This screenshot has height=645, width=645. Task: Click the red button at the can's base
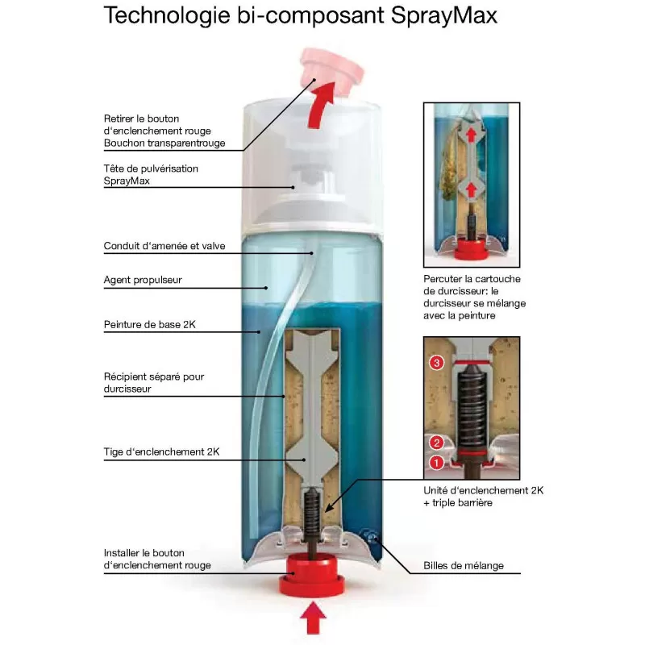click(312, 577)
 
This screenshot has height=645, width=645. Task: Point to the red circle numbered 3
click(437, 363)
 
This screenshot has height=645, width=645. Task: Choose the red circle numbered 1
click(436, 463)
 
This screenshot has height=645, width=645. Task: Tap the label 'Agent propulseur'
click(143, 281)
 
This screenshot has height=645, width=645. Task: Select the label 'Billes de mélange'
click(464, 565)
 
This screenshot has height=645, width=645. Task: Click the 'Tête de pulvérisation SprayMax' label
click(151, 174)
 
